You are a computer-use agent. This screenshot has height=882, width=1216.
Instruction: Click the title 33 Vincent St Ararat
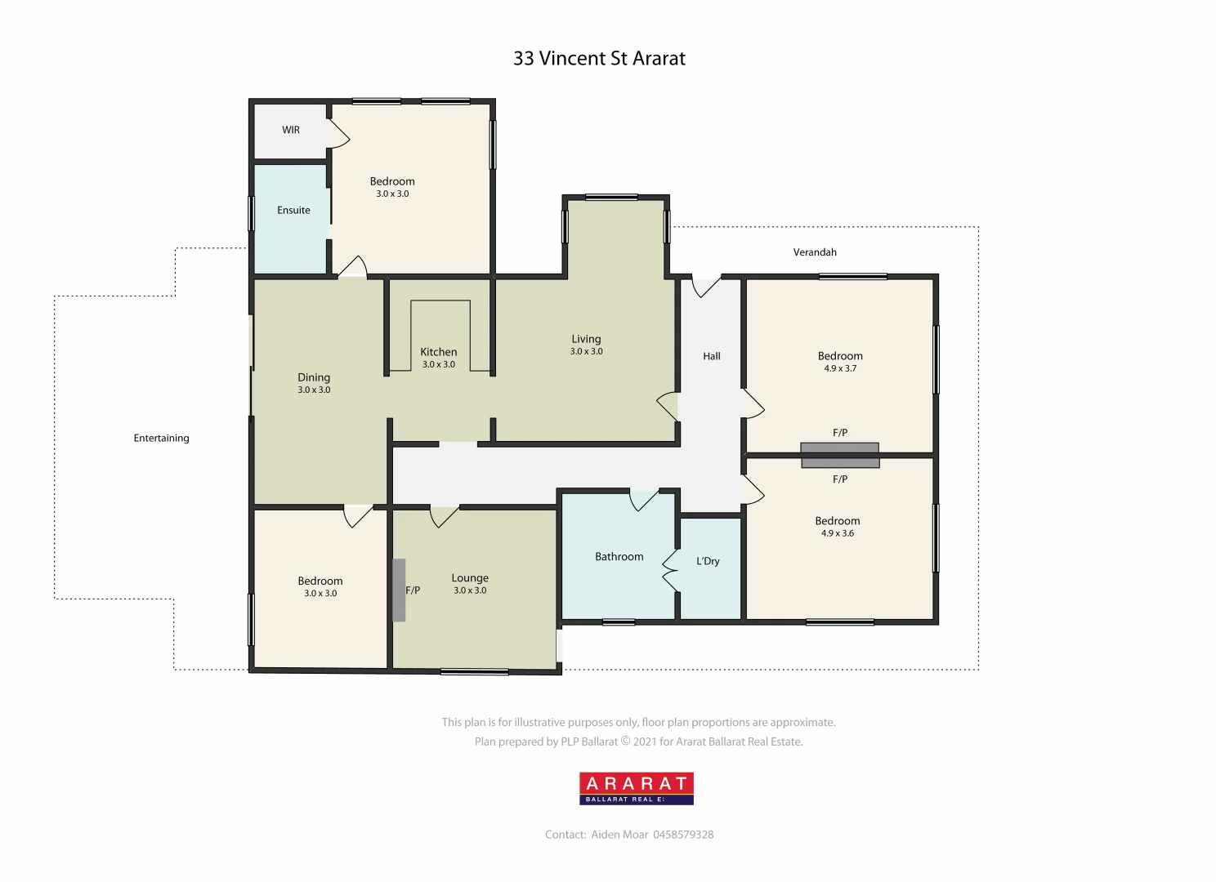click(x=599, y=59)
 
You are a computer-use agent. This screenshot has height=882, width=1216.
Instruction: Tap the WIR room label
click(x=291, y=130)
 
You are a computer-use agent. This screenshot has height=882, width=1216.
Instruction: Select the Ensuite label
click(x=293, y=211)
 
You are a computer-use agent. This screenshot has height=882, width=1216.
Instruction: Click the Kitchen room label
click(x=439, y=352)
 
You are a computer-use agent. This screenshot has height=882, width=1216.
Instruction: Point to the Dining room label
click(x=314, y=377)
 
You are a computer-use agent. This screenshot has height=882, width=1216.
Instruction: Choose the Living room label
click(x=586, y=339)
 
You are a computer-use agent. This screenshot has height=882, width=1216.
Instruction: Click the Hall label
click(x=712, y=356)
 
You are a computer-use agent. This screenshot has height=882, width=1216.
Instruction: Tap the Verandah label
click(x=815, y=252)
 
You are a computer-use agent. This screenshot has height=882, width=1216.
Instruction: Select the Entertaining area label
click(x=161, y=439)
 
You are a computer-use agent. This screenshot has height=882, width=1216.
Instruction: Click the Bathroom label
click(x=619, y=557)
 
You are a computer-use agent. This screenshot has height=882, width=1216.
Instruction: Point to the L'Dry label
click(x=708, y=562)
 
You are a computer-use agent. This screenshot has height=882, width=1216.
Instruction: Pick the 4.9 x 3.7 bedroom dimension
click(x=840, y=369)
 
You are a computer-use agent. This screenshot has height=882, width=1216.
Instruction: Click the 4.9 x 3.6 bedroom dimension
click(x=838, y=534)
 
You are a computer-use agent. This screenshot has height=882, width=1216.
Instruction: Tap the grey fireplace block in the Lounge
click(x=399, y=590)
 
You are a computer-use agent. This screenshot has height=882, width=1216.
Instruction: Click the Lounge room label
click(x=470, y=578)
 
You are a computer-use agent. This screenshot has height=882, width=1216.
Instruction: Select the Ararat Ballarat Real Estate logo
click(x=637, y=788)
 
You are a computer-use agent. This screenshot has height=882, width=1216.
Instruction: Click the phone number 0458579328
click(x=683, y=835)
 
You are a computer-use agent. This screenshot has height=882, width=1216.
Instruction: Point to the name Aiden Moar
click(x=619, y=835)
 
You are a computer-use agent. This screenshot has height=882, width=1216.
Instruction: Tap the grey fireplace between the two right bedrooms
click(x=839, y=455)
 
